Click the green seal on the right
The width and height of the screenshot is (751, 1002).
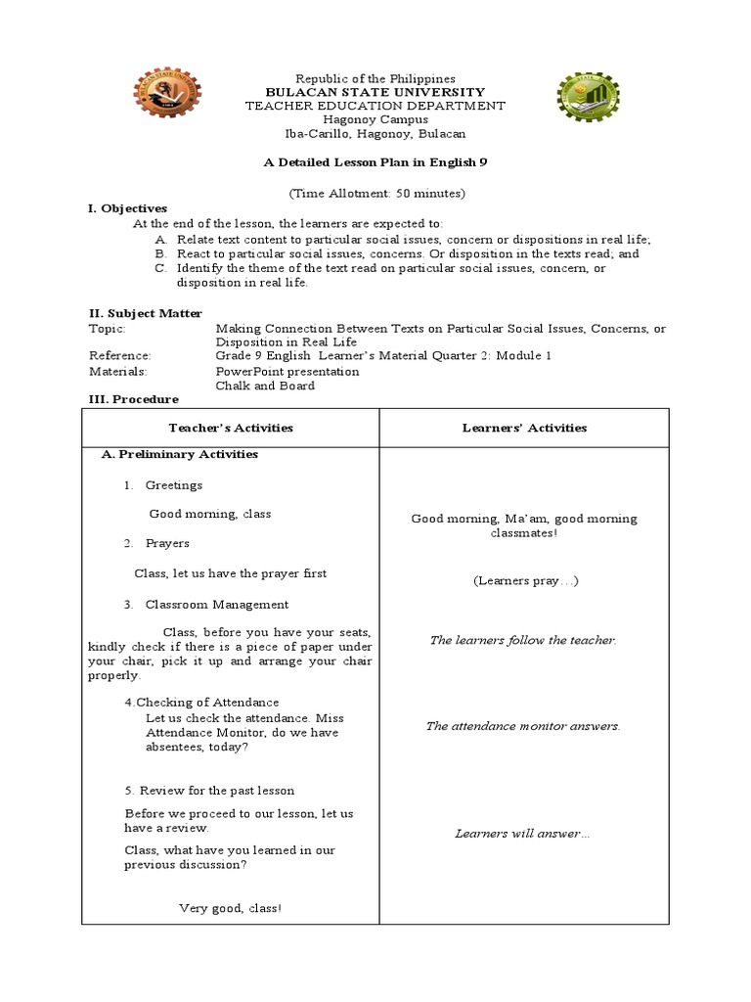[589, 100]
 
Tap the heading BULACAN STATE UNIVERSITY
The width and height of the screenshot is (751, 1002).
[375, 92]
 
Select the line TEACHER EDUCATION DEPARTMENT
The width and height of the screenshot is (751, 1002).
[375, 106]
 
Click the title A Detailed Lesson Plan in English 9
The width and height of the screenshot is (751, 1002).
[375, 162]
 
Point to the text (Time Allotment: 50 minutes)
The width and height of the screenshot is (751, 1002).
[376, 192]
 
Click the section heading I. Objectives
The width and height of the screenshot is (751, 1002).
[128, 208]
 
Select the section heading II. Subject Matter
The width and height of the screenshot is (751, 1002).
[146, 313]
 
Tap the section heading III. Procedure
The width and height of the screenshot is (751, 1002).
[134, 399]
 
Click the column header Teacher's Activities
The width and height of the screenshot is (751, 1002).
[231, 428]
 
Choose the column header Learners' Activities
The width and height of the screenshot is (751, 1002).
[523, 428]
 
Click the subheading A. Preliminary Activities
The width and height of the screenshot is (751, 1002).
[180, 454]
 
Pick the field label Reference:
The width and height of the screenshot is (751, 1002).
[120, 356]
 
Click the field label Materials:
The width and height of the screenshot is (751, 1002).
[117, 371]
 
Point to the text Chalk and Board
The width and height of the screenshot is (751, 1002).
[265, 386]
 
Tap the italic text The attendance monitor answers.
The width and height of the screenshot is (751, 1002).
[523, 726]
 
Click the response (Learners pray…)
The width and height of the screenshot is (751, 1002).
[526, 580]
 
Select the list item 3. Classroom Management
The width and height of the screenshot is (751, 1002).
[206, 605]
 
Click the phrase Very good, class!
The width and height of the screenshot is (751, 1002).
[230, 908]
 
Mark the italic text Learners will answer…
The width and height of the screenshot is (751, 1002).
[523, 834]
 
